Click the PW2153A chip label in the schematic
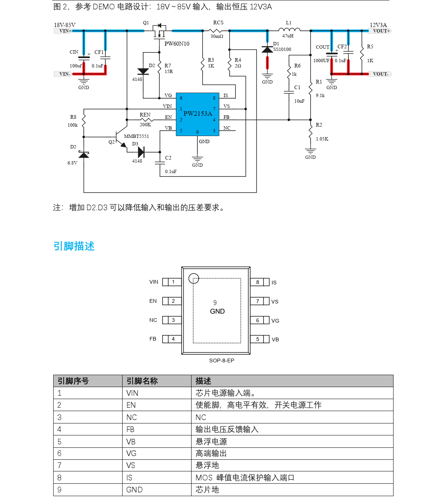[x=198, y=114]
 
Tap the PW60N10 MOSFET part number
[x=177, y=44]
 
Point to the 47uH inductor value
[x=288, y=36]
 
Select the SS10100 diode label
[x=282, y=49]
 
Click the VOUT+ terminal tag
[x=381, y=31]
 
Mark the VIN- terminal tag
[x=64, y=74]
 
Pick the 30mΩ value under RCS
[x=217, y=36]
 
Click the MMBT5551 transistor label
[x=136, y=136]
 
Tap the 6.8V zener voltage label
[x=72, y=163]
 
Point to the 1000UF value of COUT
[x=321, y=61]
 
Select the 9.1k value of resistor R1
[x=320, y=96]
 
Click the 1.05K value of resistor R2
[x=322, y=139]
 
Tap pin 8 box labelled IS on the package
[x=258, y=282]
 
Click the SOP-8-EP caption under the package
[x=222, y=360]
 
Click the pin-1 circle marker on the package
[x=193, y=278]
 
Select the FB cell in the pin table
[x=130, y=429]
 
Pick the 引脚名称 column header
[x=142, y=381]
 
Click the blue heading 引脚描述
[x=74, y=246]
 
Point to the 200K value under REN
[x=145, y=125]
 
